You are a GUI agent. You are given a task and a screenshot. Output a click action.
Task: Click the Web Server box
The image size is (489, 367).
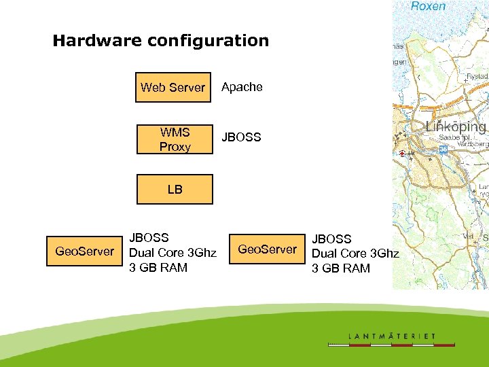point(173,87)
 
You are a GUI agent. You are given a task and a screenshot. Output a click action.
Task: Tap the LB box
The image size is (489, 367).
point(175,189)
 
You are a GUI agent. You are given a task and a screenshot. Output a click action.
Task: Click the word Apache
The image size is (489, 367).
point(242,87)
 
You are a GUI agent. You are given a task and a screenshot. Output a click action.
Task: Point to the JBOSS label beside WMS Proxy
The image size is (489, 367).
point(241,137)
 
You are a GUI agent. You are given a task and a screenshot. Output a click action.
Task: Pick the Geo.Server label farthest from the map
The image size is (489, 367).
point(85,251)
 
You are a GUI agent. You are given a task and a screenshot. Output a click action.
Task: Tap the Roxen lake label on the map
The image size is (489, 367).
point(429,6)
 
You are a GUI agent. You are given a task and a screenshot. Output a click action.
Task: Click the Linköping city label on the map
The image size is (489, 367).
point(456,127)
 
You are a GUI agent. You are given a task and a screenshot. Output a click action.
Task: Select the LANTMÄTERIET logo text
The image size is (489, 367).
point(392,336)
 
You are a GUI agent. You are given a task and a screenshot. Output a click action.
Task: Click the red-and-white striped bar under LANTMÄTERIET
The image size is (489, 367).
point(392,345)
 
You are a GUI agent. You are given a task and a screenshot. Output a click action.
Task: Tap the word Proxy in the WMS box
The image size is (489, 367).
point(175,147)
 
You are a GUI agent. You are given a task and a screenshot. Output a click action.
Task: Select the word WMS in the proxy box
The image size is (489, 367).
point(175,132)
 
